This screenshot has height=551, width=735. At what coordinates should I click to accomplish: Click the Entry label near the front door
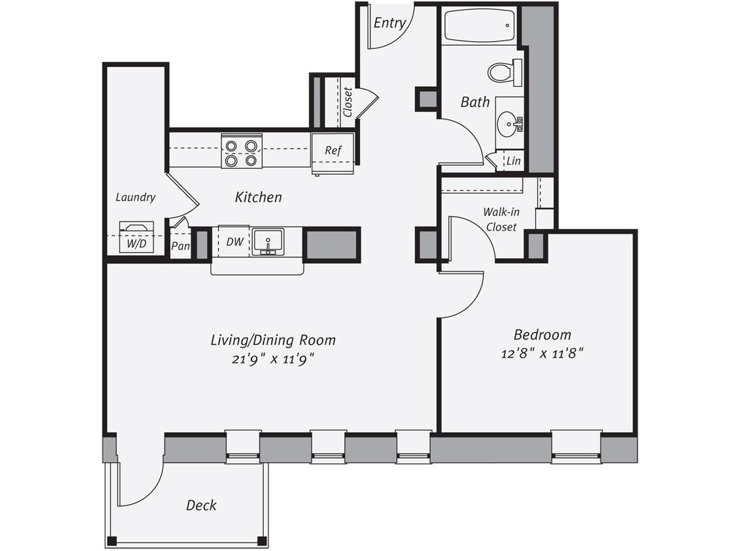pos(389,23)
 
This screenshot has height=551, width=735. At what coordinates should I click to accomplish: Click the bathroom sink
pos(508,123)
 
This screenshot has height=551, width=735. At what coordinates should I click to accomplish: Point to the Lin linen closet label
pos(514,160)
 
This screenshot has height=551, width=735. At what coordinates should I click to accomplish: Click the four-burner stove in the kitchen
pos(241,151)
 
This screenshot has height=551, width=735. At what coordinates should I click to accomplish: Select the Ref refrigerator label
pos(333,150)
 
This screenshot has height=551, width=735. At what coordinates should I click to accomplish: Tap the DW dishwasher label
pos(235,242)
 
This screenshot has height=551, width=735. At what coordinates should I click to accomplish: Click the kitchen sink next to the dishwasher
pos(267,242)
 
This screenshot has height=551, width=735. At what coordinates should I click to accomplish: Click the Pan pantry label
pos(180,246)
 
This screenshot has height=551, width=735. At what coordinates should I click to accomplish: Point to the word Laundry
pos(135,197)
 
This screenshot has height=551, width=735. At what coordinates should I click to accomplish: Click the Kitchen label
pos(259,197)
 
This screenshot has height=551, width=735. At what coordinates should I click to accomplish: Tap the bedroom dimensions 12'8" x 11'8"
pos(542,353)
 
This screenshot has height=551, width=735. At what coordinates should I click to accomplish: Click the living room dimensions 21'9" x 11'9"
pos(272,359)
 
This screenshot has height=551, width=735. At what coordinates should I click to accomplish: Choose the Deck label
pos(201,505)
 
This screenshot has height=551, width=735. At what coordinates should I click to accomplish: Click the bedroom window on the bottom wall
pos(576,447)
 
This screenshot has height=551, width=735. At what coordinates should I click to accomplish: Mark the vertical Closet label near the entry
pos(347,102)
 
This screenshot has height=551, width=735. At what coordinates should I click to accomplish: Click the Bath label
pos(475,101)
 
